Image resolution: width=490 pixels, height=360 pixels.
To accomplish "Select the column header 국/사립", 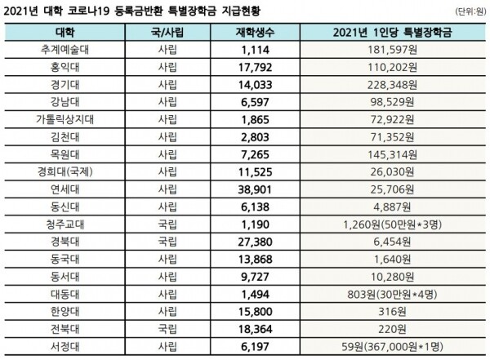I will (x=171, y=33).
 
